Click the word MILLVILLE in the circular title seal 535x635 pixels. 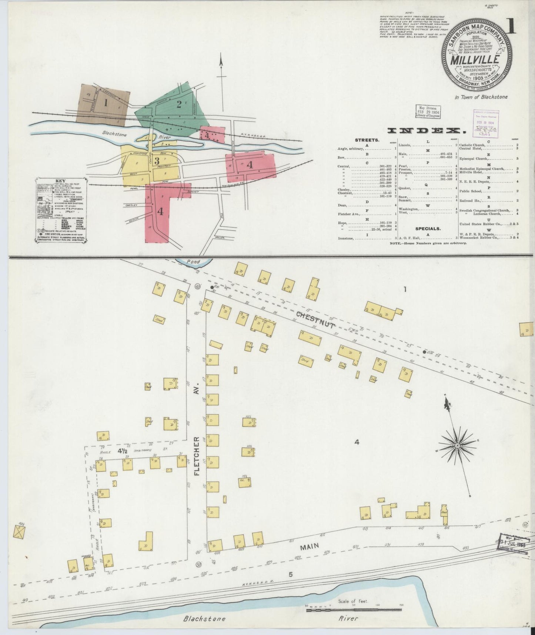pyautogui.click(x=475, y=59)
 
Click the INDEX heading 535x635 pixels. pyautogui.click(x=426, y=130)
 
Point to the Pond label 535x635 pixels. pyautogui.click(x=193, y=262)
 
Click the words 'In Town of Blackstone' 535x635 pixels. pyautogui.click(x=481, y=97)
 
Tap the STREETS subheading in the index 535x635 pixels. pyautogui.click(x=367, y=140)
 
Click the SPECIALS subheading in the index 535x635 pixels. pyautogui.click(x=428, y=229)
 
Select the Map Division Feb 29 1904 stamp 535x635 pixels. pyautogui.click(x=428, y=111)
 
